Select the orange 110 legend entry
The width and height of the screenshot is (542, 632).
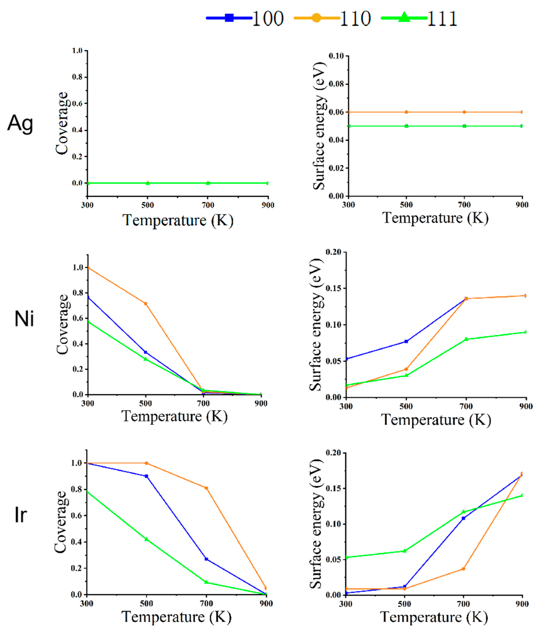pyautogui.click(x=332, y=18)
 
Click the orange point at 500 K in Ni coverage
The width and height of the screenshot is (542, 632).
pyautogui.click(x=145, y=304)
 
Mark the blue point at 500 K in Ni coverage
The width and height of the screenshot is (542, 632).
pyautogui.click(x=145, y=352)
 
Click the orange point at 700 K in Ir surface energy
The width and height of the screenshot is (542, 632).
pyautogui.click(x=463, y=569)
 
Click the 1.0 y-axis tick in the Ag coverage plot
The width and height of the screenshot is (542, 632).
pyautogui.click(x=77, y=51)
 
